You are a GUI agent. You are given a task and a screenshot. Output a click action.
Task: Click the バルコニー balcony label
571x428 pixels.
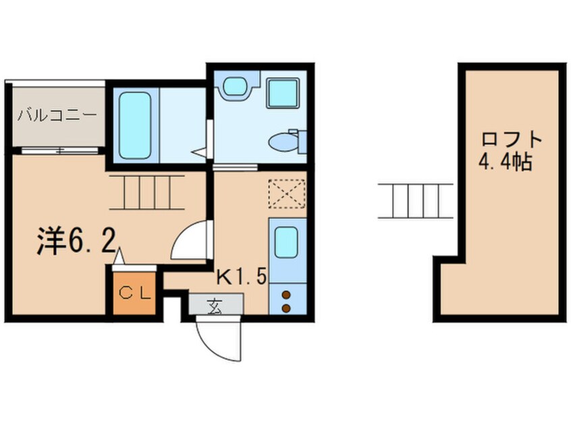(58, 115)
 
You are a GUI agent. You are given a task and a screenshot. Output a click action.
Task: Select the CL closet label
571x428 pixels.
(134, 293)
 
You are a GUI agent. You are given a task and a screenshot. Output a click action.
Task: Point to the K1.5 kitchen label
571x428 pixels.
(242, 277)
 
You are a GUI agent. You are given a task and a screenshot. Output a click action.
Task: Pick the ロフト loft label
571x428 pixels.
(512, 139)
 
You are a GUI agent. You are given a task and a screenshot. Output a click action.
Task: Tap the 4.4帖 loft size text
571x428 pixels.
(505, 162)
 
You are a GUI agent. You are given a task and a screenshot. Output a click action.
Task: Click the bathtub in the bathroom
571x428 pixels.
(135, 126)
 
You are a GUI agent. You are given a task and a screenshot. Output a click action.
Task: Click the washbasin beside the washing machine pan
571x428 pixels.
(236, 86)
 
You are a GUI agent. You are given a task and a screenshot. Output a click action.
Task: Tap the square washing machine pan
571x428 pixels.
(283, 92)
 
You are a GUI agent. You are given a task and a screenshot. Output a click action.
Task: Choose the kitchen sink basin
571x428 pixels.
(286, 242)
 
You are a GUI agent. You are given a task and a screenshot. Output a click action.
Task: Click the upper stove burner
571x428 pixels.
(286, 294)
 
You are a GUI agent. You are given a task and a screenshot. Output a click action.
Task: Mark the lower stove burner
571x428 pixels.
(286, 309)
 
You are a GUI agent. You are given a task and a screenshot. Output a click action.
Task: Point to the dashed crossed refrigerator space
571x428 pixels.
(287, 194)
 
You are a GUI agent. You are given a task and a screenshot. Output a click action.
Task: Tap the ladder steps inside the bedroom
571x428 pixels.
(147, 192)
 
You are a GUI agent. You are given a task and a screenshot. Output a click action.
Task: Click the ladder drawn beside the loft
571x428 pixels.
(416, 201)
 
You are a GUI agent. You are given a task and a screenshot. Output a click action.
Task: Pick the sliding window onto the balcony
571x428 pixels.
(59, 150)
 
